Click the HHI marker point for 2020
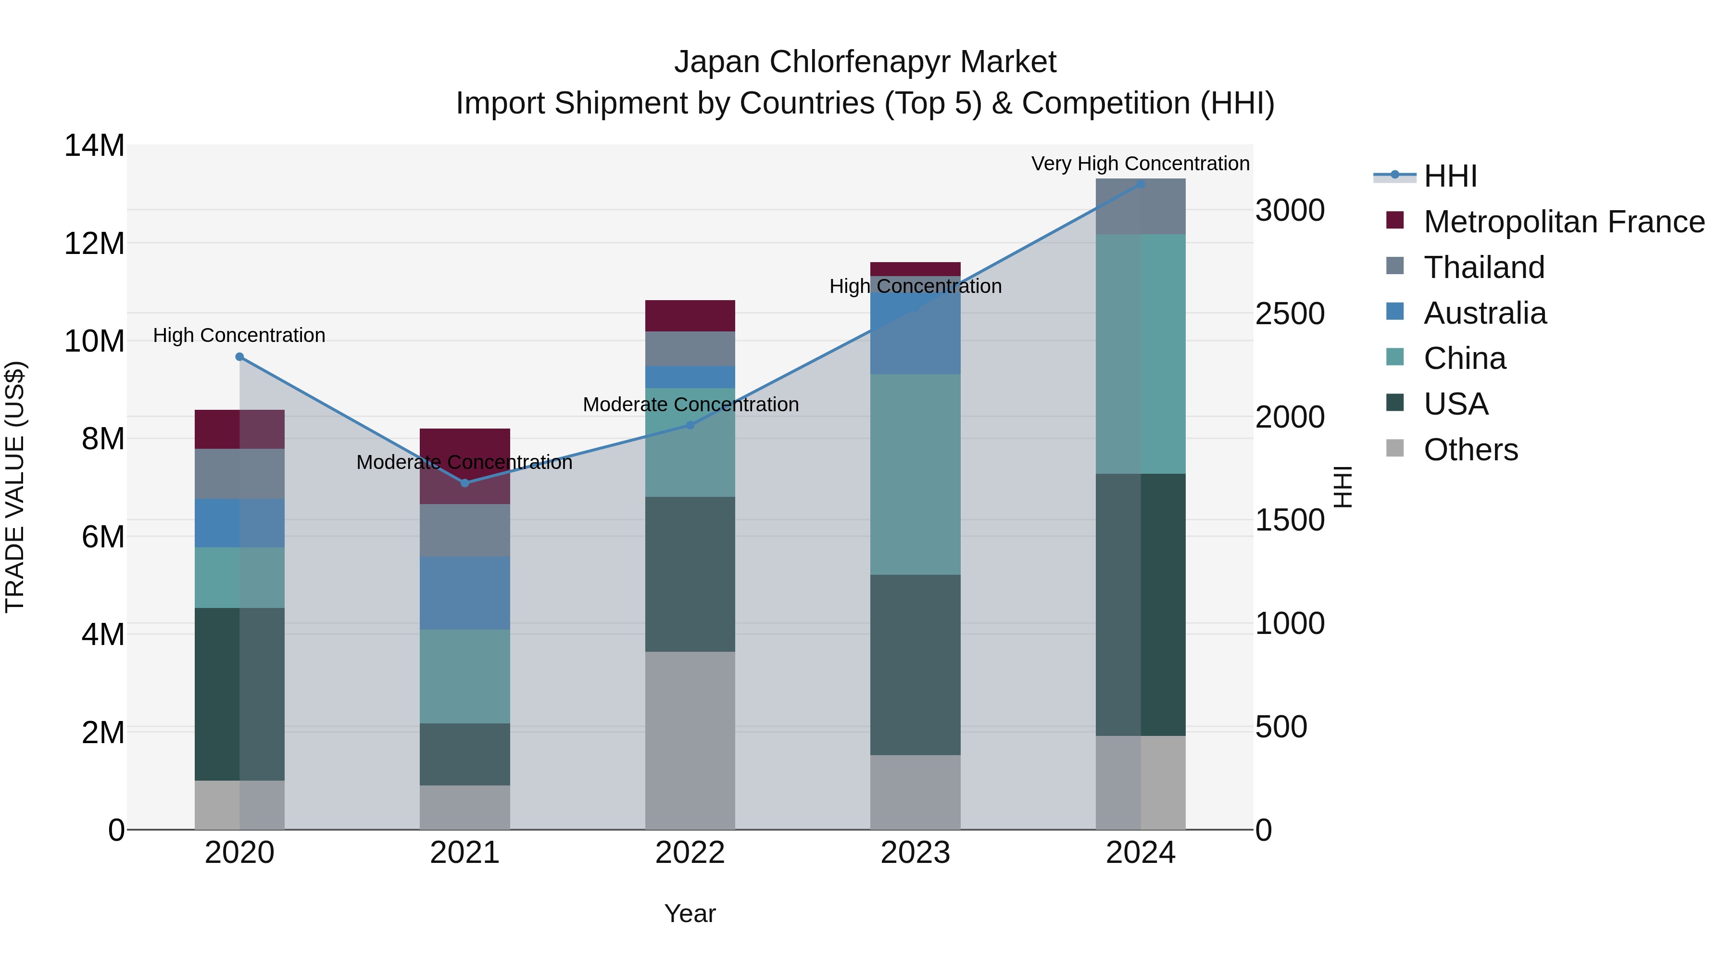coord(239,357)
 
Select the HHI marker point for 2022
coord(690,425)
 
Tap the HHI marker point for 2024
coord(1141,184)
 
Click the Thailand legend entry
coord(1484,267)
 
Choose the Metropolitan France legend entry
coord(1563,222)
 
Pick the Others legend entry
coord(1470,450)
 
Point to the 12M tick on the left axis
coord(94,243)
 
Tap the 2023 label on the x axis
coord(915,853)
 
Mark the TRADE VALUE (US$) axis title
coord(15,487)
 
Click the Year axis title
coord(690,913)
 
